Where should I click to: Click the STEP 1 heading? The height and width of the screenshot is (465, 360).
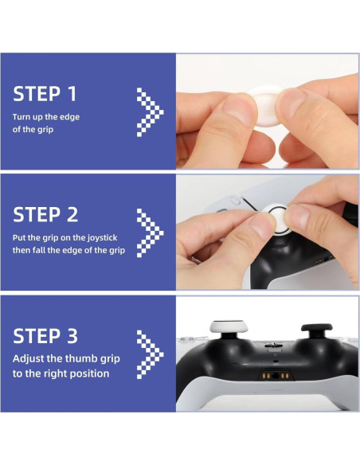click(x=45, y=94)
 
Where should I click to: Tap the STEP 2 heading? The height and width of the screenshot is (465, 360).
click(x=45, y=214)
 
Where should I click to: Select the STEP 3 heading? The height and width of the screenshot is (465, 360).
click(x=45, y=335)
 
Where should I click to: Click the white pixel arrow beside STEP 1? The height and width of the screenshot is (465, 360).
click(x=150, y=109)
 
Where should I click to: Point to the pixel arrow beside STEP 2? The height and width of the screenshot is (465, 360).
click(x=150, y=231)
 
